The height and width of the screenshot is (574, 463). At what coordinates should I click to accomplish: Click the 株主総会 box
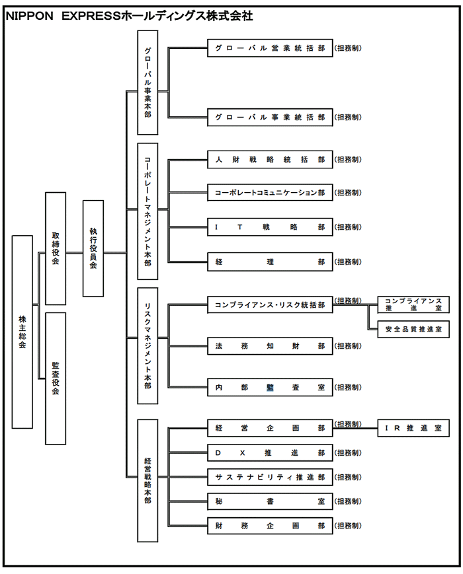coord(22,332)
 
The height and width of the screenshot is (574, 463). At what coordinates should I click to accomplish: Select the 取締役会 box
coord(56,248)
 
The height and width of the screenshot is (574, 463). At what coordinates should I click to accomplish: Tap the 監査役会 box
coord(56,378)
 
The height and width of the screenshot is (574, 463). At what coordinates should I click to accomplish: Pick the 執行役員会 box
coord(93,248)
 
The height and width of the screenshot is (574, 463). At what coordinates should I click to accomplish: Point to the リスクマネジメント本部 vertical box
coord(147,345)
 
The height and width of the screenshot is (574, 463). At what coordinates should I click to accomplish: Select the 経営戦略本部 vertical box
coord(147,480)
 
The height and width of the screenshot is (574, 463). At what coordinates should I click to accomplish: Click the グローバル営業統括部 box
coord(270,48)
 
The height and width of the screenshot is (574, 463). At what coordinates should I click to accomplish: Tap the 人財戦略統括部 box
coord(270,160)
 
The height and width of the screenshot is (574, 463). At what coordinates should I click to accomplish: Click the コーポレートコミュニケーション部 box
coord(270,193)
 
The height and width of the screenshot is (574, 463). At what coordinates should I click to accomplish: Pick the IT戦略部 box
coord(270,227)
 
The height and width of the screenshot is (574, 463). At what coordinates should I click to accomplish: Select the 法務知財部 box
coord(270,346)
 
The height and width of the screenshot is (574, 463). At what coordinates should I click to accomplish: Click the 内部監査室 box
coord(270,388)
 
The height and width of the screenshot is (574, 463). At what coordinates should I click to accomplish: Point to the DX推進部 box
coord(270,453)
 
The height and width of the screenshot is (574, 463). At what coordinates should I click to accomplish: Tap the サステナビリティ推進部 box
coord(270,477)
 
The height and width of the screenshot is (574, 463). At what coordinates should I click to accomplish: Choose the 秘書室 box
coord(270,501)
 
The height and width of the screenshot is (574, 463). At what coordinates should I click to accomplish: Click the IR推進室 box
coord(413,428)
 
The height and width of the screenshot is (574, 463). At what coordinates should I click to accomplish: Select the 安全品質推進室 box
coord(413,328)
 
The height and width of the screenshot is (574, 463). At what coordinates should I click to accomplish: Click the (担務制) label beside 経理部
coord(348,262)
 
